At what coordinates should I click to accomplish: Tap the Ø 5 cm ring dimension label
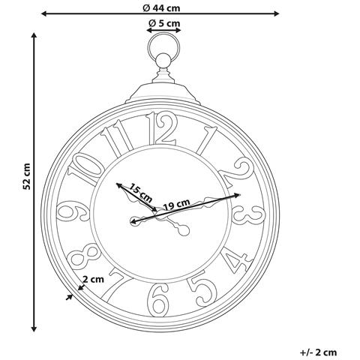coord(164,24)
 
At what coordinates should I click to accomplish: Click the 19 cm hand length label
coord(176,202)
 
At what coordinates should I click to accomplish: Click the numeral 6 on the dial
coord(159,301)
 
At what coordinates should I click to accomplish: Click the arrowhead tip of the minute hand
coord(239,194)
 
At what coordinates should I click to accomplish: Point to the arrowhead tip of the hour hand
coord(118,183)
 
